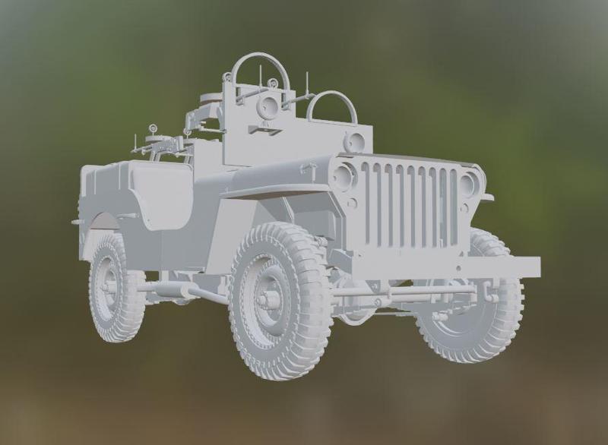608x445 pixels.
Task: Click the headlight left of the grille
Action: point(343,177)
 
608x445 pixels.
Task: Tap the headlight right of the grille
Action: point(469,183)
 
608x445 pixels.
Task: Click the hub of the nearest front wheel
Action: point(268,300)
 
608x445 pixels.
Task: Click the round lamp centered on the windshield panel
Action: point(267,106)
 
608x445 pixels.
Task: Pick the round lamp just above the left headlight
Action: point(354,142)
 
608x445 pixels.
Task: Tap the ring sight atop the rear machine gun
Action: point(152,129)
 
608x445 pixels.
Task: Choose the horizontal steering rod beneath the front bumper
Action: point(403,290)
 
